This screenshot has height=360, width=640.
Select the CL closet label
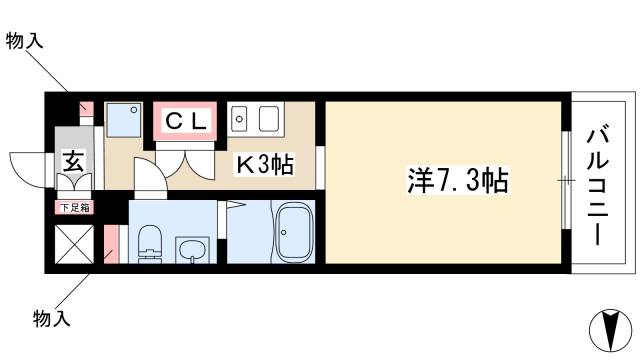[186, 122]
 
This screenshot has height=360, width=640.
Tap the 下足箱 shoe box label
[72, 208]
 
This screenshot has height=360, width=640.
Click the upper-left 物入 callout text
[24, 41]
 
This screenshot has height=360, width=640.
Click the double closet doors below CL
[186, 158]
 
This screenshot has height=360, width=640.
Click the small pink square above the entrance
[86, 107]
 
